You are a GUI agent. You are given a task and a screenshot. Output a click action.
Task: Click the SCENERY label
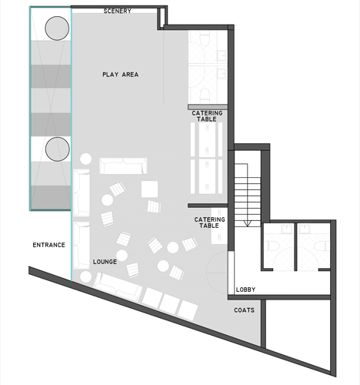click(x=118, y=11)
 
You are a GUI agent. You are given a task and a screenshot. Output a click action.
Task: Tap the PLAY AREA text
click(x=121, y=75)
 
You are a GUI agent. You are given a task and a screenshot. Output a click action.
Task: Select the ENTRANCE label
click(x=48, y=245)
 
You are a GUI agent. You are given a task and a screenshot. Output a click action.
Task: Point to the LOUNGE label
click(x=105, y=262)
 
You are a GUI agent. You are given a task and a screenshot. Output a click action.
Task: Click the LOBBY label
click(x=245, y=290)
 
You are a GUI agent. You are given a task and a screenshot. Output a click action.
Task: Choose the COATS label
click(x=245, y=310)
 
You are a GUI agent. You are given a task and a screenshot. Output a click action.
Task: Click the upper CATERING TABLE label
click(x=207, y=116)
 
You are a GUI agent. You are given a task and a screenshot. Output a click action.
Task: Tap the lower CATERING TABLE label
click(x=209, y=223)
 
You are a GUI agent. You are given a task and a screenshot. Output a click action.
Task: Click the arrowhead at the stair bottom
click(x=247, y=223)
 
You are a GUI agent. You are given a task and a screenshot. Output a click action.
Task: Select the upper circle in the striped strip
click(x=57, y=28)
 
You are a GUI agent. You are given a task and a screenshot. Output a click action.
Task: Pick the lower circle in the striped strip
click(x=58, y=149)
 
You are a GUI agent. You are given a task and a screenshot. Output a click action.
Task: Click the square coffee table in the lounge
click(x=149, y=189)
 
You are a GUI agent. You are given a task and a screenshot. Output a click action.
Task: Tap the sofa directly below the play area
click(x=123, y=166)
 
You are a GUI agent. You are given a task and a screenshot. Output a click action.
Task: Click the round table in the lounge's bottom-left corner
click(x=85, y=276)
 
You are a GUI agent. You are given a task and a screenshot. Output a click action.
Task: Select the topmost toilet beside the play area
click(x=205, y=38)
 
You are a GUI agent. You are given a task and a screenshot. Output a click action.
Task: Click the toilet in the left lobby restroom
click(x=272, y=246)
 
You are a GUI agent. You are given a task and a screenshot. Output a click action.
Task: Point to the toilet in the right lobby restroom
click(x=322, y=246)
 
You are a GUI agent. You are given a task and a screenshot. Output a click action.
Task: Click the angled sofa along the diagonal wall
click(x=118, y=287)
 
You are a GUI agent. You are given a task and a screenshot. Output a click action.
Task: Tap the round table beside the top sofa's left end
click(x=85, y=159)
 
